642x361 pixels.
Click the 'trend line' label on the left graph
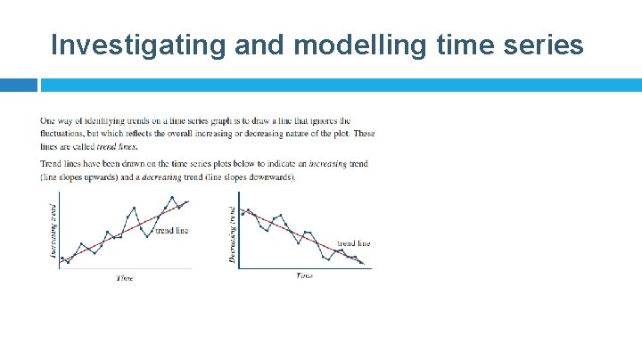coord(172,231)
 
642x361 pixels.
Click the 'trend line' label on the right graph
coord(353,243)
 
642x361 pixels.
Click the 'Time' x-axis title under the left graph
coord(125,278)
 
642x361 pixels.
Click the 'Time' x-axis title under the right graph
coord(305,275)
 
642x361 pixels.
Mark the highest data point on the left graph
coord(172,197)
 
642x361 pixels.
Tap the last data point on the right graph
coord(362,263)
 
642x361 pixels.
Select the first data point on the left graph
coord(62,258)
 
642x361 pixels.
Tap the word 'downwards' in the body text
coord(274,176)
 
